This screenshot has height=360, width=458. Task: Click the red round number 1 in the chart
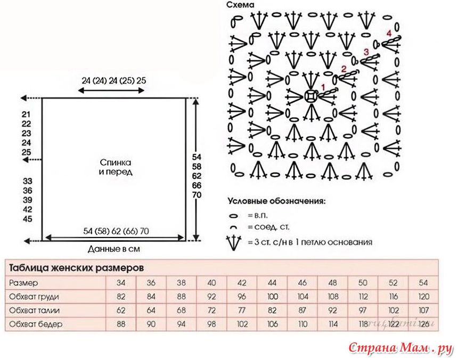click(323, 87)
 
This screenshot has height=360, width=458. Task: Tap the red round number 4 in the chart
click(389, 34)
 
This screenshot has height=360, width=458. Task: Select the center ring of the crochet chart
click(310, 96)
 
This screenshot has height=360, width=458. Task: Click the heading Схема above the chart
click(240, 5)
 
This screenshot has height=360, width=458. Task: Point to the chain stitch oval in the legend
click(233, 216)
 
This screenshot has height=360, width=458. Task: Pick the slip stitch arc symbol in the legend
click(233, 227)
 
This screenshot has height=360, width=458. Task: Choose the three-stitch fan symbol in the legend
click(234, 242)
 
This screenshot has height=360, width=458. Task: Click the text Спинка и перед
click(116, 167)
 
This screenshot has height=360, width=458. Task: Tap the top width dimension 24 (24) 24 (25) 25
click(113, 80)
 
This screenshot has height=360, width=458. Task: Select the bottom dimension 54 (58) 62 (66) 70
click(116, 231)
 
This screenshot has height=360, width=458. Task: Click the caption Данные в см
click(113, 249)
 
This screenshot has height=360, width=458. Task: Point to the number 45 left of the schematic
click(28, 219)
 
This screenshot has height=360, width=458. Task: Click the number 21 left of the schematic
click(26, 114)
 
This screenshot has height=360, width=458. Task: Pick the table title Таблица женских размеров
click(77, 268)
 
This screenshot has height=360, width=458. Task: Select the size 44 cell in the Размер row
click(272, 283)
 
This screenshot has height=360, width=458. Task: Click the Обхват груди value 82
click(121, 297)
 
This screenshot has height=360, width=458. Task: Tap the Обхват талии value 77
click(242, 310)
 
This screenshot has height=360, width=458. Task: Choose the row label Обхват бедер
click(36, 324)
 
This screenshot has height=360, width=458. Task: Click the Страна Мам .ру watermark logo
click(401, 348)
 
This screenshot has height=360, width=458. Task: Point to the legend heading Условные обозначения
click(276, 201)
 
